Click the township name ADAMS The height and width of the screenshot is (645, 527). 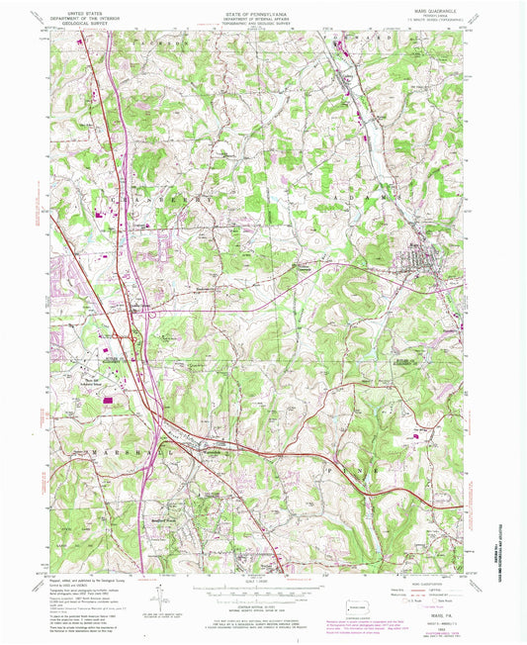tap(364, 197)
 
